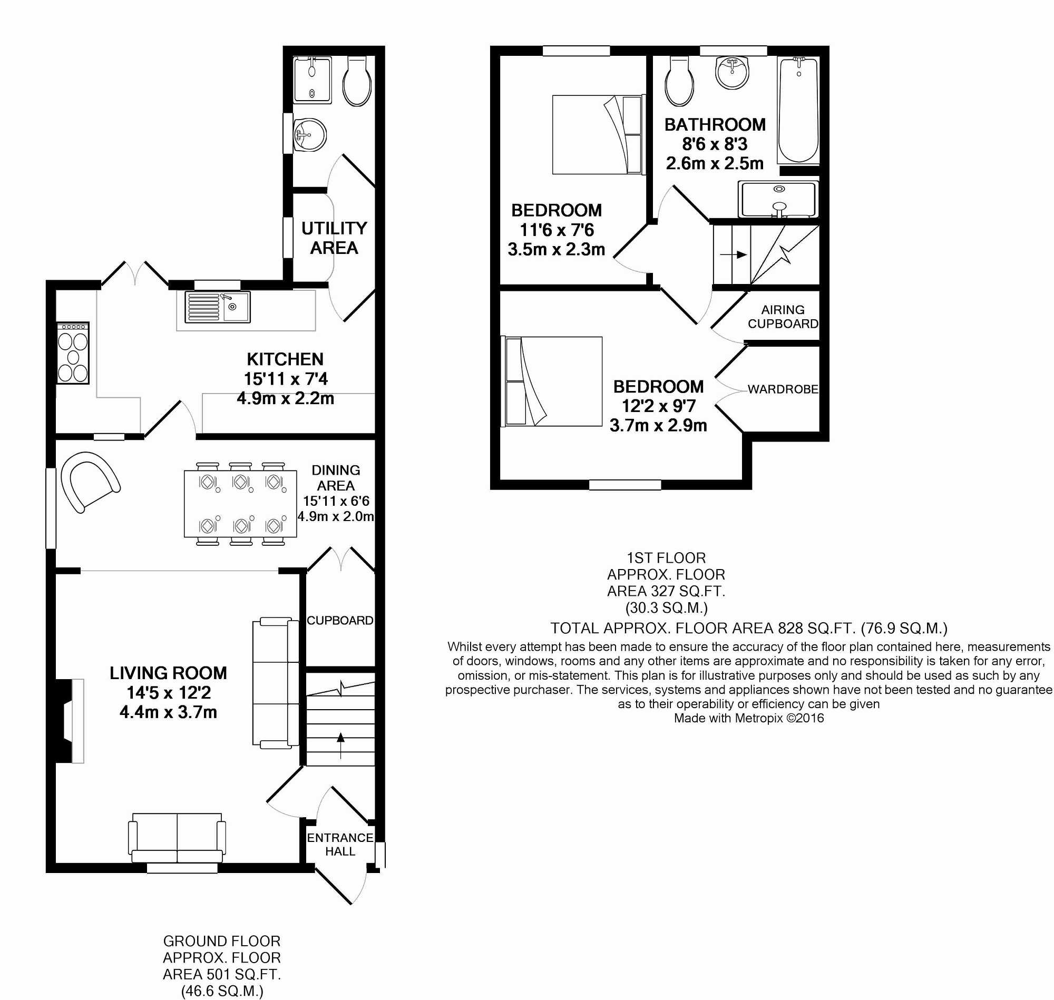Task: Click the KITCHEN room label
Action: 285,359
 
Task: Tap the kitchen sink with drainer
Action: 218,307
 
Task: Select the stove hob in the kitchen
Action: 73,353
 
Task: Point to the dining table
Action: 240,504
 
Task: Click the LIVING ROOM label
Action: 169,673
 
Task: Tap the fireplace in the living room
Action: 70,721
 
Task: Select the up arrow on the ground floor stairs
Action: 341,745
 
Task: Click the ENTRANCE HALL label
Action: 340,845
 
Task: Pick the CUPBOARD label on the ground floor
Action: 340,621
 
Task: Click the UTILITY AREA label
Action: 334,238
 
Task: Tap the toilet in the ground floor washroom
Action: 357,81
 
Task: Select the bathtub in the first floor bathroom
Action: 798,110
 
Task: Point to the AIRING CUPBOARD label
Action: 783,317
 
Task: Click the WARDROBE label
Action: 783,389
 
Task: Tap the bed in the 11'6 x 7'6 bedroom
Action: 598,134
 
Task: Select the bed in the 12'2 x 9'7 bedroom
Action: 552,381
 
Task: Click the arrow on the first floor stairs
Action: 734,255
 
